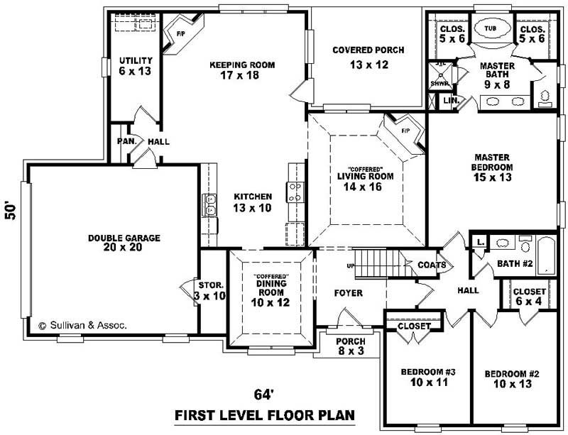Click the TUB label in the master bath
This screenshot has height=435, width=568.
(x=490, y=28)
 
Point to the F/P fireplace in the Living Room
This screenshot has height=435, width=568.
(x=405, y=132)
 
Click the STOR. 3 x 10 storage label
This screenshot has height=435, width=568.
(x=211, y=291)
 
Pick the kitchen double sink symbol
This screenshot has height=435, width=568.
(x=210, y=205)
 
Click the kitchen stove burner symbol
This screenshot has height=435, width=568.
(x=295, y=192)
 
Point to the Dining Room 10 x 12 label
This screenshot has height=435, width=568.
(x=271, y=292)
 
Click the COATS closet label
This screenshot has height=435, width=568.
(x=432, y=265)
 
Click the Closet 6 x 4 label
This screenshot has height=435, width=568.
(x=529, y=297)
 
